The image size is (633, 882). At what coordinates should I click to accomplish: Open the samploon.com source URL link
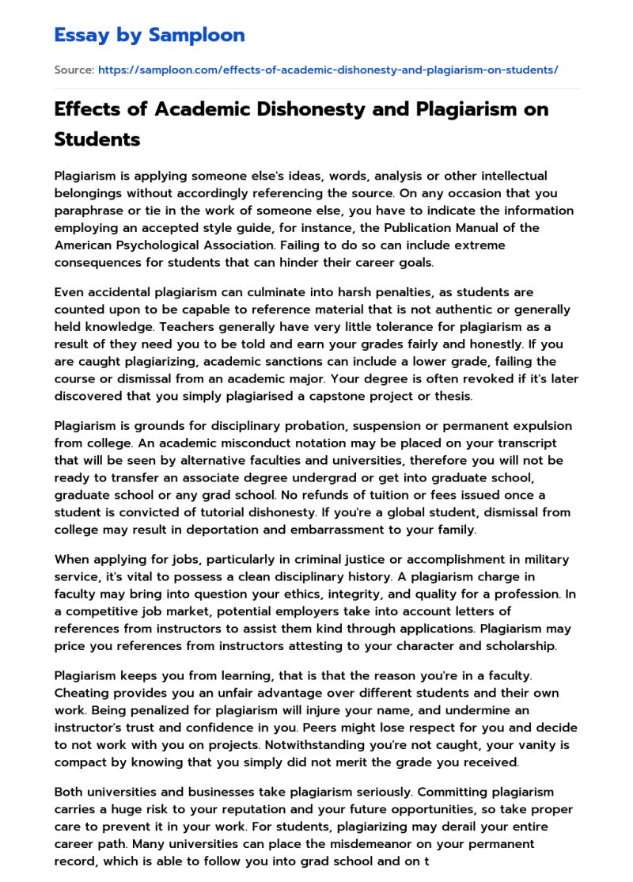tap(328, 70)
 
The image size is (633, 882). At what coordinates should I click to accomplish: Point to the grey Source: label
tap(74, 70)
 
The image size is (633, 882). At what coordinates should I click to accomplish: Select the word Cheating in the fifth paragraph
tap(81, 693)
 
